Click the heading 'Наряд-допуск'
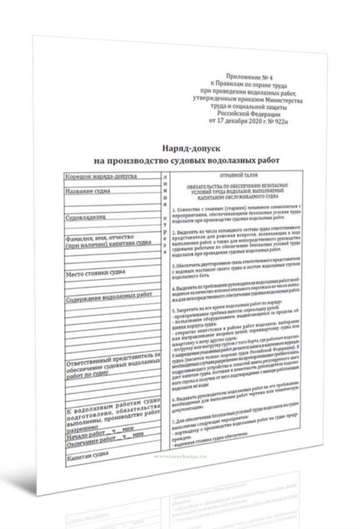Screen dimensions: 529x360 coord(191,148)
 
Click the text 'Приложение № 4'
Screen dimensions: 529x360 coord(249,77)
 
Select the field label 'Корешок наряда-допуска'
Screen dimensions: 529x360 coord(101,176)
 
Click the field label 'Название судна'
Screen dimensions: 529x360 coord(88,191)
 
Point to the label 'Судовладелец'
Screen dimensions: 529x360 coord(86,217)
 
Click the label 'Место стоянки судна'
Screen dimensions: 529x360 coord(95,273)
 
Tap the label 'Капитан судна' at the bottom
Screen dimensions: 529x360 coord(88,455)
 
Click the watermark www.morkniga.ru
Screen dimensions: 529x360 coord(180,456)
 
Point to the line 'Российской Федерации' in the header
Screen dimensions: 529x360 coord(249,114)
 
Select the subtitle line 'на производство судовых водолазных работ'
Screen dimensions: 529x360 coord(187,160)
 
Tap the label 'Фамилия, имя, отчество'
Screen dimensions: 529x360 coord(99,238)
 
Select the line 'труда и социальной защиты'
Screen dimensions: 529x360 coord(248,107)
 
